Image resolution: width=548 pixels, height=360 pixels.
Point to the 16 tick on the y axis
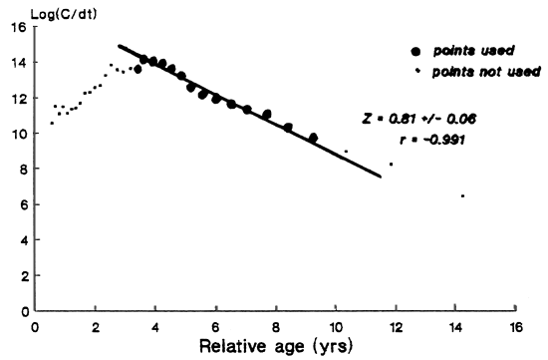[x=18, y=27]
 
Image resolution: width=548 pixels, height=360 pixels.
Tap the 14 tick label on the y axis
[x=18, y=63]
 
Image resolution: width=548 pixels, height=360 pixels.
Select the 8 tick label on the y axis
[x=22, y=170]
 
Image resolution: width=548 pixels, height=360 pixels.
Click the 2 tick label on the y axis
[x=22, y=276]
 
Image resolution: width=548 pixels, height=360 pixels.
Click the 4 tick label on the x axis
[x=155, y=326]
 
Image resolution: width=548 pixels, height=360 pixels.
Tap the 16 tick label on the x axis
[x=515, y=326]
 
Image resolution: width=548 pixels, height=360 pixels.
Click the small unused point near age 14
[x=462, y=195]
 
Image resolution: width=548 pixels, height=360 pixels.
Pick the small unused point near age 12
[x=391, y=164]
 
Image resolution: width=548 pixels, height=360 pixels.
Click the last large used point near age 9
[x=313, y=138]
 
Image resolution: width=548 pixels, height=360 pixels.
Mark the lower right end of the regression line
[x=381, y=176]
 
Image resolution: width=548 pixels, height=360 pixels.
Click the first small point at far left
[x=52, y=123]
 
